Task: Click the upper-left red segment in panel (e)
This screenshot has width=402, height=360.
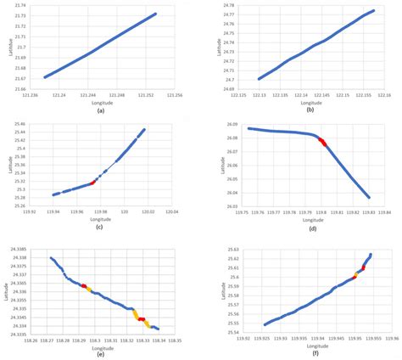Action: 84,286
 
